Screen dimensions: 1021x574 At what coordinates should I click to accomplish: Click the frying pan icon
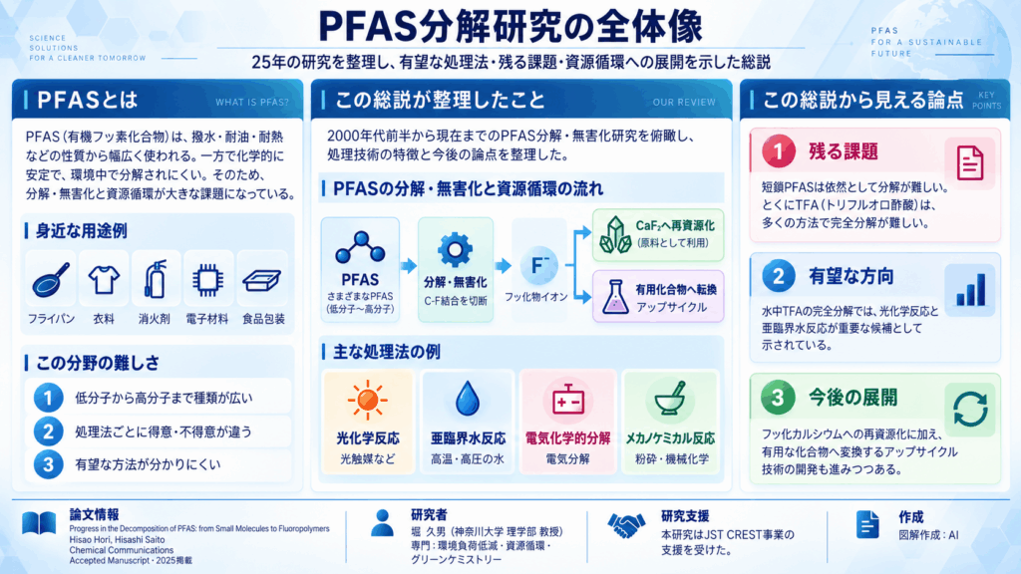pos(50,280)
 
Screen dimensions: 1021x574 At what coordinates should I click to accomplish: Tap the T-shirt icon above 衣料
pos(104,280)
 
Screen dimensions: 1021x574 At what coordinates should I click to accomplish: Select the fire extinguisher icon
pos(155,279)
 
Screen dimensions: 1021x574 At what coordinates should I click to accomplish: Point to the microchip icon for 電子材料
pos(207,280)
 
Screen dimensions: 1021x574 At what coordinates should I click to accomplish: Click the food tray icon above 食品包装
pos(262,280)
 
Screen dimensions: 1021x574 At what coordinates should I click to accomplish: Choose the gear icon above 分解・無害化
pos(455,249)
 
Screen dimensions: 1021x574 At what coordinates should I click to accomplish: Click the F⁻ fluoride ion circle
pos(538,265)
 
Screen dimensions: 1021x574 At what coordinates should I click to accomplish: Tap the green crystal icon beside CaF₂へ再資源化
pos(614,235)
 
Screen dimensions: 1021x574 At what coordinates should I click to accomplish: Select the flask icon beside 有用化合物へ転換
pos(613,297)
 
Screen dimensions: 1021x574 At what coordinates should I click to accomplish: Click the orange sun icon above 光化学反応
pos(368,400)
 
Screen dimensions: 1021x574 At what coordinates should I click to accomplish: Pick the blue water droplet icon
pos(467,399)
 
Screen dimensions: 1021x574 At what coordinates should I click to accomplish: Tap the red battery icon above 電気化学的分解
pos(567,400)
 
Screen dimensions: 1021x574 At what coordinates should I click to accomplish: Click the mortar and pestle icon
pos(670,399)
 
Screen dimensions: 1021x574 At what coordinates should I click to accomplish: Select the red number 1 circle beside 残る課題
pos(778,151)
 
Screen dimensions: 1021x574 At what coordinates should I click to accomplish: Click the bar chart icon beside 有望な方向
pos(970,290)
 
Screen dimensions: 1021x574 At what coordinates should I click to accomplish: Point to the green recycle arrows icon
pos(970,410)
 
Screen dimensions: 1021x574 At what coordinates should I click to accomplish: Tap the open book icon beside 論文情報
pos(39,523)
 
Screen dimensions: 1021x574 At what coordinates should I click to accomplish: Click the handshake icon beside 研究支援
pos(626,524)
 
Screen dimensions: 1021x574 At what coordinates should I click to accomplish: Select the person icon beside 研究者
pos(382,522)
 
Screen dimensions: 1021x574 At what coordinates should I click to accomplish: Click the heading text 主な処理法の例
pos(387,352)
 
